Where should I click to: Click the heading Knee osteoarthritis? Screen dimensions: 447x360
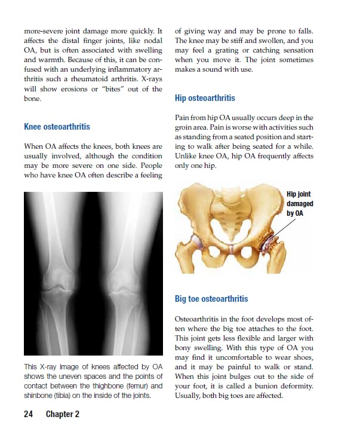[x=57, y=127]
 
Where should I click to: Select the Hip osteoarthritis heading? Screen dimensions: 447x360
[x=205, y=98]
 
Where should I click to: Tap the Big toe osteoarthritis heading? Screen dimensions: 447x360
[x=211, y=298]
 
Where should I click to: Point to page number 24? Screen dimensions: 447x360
[x=29, y=414]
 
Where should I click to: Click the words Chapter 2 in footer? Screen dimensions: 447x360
[x=63, y=414]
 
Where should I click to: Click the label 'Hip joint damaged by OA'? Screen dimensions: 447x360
[x=299, y=203]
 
